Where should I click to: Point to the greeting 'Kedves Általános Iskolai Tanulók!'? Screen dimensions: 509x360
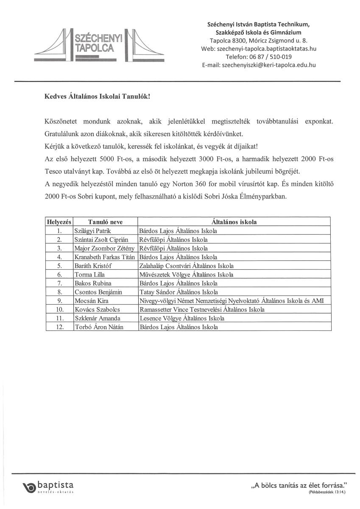coord(97,97)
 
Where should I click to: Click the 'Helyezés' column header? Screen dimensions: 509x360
coord(59,222)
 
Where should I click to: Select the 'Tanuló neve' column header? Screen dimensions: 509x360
coord(105,222)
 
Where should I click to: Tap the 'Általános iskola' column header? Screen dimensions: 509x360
coord(234,222)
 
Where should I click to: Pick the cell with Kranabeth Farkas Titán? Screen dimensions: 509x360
coord(104,257)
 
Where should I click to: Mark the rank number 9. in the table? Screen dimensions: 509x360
coord(59,301)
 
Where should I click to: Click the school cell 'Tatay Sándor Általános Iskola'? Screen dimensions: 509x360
coord(178,292)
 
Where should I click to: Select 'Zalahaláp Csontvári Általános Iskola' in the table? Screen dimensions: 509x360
coord(186,266)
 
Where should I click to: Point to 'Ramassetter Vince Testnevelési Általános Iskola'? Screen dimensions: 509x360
coord(201,310)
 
